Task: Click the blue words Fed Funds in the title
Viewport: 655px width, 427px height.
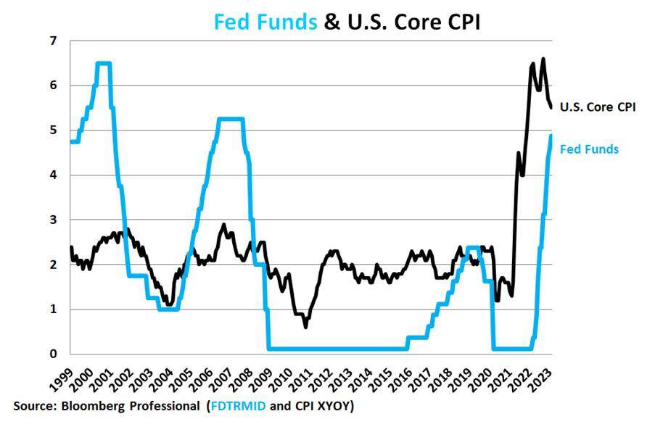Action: (x=265, y=22)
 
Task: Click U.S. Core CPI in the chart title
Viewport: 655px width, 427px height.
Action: (x=414, y=22)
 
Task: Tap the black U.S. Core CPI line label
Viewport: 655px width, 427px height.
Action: (x=598, y=107)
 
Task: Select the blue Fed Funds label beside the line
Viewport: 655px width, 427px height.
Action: (x=589, y=149)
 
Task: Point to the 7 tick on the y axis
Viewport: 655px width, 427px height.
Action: (x=53, y=41)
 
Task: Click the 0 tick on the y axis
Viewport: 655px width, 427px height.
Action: (x=53, y=354)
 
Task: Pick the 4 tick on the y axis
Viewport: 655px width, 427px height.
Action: (x=53, y=175)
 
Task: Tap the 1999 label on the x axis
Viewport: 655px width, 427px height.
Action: (x=62, y=380)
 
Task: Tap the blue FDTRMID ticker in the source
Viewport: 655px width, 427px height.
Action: (x=238, y=406)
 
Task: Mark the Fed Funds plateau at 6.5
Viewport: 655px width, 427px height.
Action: (x=104, y=63)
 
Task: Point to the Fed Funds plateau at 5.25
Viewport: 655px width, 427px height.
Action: (x=231, y=120)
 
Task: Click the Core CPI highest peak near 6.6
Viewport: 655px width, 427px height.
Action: (x=543, y=59)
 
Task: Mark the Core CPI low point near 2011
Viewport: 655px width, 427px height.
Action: (x=306, y=327)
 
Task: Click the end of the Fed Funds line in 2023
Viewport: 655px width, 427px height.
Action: (x=551, y=136)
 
